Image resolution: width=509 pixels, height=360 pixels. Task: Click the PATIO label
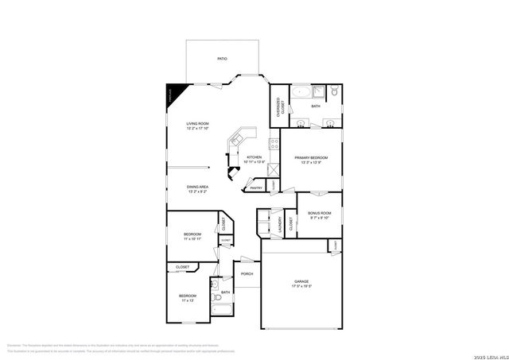point(222,59)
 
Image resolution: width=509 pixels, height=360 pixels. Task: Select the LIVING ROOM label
point(197,123)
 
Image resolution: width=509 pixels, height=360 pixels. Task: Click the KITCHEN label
point(254,157)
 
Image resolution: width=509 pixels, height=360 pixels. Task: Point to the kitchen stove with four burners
point(274,145)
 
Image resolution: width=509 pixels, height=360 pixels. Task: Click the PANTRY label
point(255,188)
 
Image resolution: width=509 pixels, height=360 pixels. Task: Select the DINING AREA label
point(197,187)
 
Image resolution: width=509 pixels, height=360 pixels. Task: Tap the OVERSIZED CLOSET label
point(278,109)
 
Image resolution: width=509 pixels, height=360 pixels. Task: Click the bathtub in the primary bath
point(301,92)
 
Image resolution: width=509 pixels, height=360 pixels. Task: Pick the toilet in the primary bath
point(335,93)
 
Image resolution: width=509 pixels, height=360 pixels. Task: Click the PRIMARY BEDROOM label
point(312,158)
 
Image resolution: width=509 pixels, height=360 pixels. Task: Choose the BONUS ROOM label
point(319,213)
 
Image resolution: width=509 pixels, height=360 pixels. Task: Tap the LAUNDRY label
point(278,225)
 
